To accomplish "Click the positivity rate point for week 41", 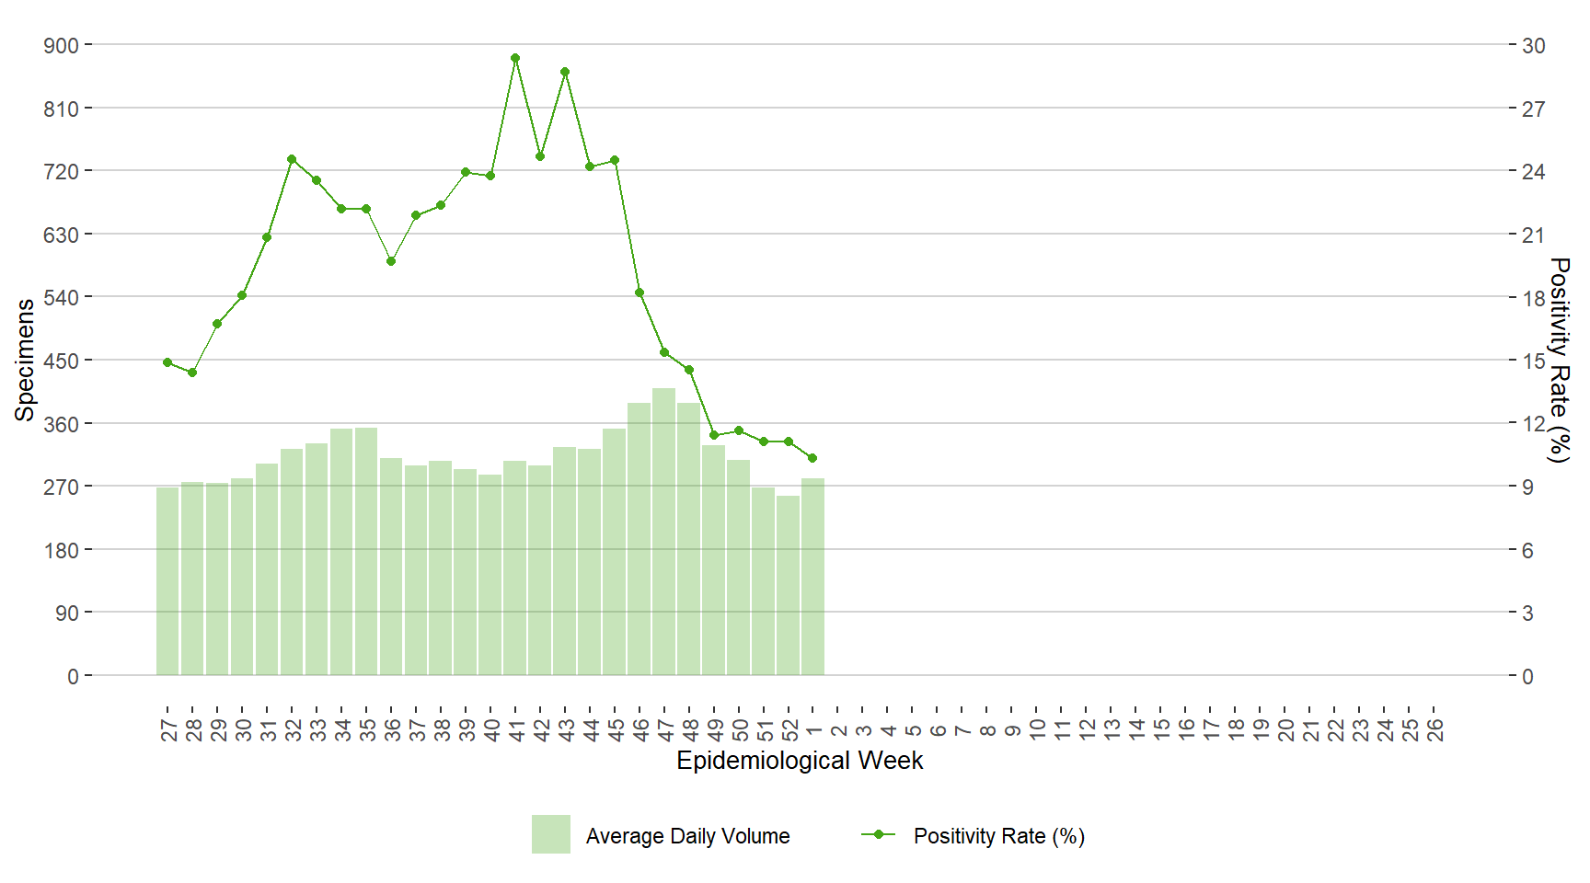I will pyautogui.click(x=515, y=58).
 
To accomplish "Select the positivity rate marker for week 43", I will pyautogui.click(x=565, y=72).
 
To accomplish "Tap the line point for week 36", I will pyautogui.click(x=391, y=261).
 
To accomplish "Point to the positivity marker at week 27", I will pyautogui.click(x=167, y=362).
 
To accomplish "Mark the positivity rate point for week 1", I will pyautogui.click(x=812, y=458).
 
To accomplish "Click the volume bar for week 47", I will pyautogui.click(x=664, y=532).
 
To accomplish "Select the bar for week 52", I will pyautogui.click(x=788, y=585).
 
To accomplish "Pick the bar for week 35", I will pyautogui.click(x=366, y=551).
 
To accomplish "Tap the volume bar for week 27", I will pyautogui.click(x=167, y=580).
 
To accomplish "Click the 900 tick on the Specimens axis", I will pyautogui.click(x=61, y=45).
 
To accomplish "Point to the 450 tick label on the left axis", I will pyautogui.click(x=61, y=361).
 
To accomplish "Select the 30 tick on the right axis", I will pyautogui.click(x=1533, y=45).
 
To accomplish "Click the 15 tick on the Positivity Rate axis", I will pyautogui.click(x=1533, y=361).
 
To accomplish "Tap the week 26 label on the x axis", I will pyautogui.click(x=1435, y=730).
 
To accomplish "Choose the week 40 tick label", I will pyautogui.click(x=491, y=730).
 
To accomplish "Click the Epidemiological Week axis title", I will pyautogui.click(x=800, y=761).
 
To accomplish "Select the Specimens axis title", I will pyautogui.click(x=25, y=360).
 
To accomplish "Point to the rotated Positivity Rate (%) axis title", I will pyautogui.click(x=1559, y=360).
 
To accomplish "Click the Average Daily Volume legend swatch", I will pyautogui.click(x=550, y=834).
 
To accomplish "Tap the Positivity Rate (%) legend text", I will pyautogui.click(x=998, y=836).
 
